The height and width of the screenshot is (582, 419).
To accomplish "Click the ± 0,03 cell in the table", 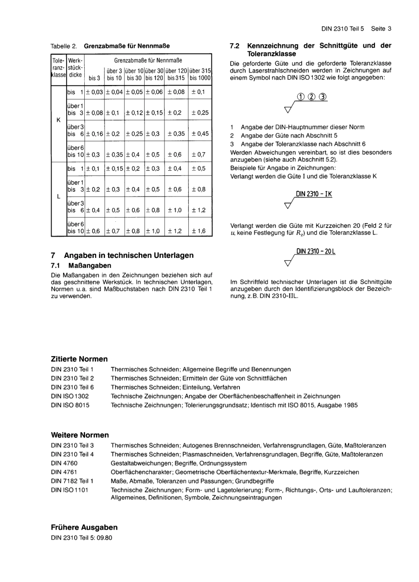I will [94, 92].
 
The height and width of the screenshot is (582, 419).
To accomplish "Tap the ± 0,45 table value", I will [200, 134].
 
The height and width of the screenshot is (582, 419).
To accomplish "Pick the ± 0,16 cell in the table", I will [94, 134].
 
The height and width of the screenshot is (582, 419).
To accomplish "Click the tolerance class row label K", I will [58, 119].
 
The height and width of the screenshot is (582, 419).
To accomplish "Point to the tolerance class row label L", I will [58, 197].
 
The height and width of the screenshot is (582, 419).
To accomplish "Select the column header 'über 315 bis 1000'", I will [200, 74].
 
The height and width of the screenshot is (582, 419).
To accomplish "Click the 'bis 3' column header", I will [94, 78].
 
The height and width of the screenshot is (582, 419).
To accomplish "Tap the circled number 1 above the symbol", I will [301, 97].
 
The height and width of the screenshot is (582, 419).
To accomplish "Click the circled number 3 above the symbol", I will [323, 97].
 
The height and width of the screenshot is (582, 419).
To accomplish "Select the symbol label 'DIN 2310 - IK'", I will [314, 194].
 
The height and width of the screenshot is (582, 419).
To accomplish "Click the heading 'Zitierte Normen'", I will [79, 359].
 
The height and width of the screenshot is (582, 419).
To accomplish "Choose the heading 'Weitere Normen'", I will [80, 435].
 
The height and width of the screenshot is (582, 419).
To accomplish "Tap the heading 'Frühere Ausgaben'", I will [84, 527].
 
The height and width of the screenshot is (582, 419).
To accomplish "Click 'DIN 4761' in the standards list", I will [64, 472].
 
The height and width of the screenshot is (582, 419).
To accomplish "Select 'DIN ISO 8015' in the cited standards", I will [70, 405].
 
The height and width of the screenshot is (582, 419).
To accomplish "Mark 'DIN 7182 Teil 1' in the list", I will [72, 481].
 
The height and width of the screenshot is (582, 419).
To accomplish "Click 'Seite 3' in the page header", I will [381, 29].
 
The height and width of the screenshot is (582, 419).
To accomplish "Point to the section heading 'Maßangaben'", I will [90, 265].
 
